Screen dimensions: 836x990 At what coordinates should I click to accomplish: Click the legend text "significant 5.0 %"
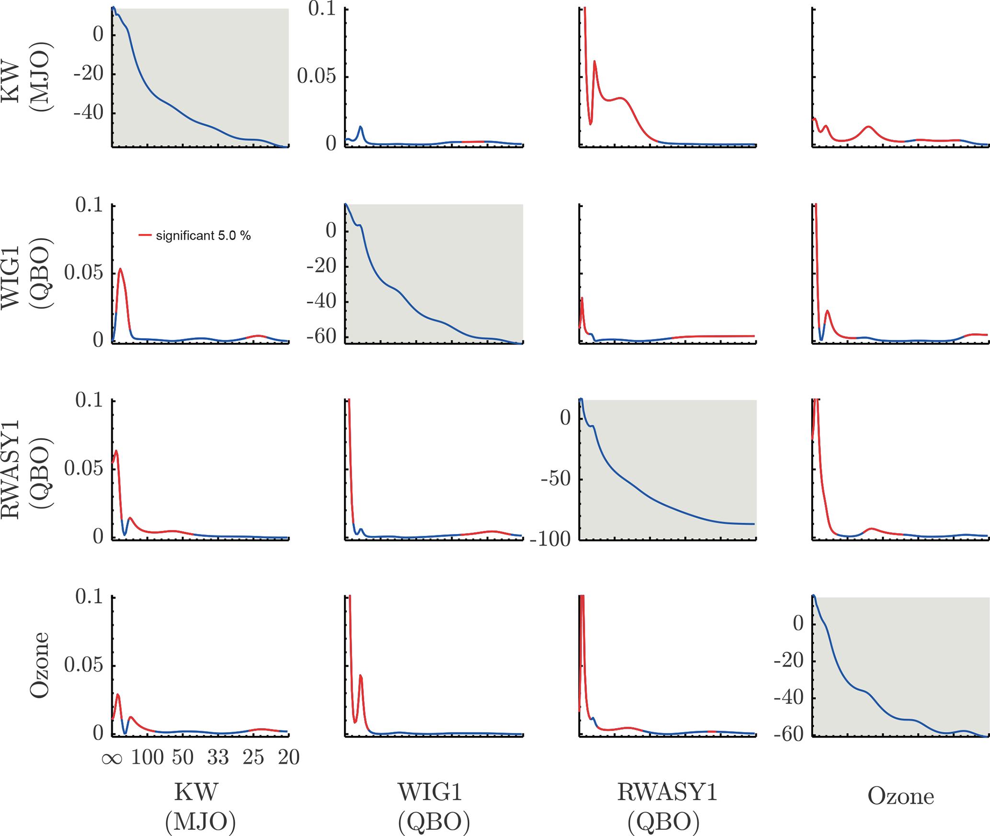[x=203, y=236]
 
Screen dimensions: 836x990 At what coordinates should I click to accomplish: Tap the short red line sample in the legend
[x=145, y=235]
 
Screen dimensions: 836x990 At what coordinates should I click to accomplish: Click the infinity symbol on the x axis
[x=112, y=758]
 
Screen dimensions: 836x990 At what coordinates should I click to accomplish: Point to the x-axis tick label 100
[x=148, y=757]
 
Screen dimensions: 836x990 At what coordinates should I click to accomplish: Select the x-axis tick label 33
[x=218, y=757]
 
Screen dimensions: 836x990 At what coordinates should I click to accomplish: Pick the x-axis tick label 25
[x=253, y=757]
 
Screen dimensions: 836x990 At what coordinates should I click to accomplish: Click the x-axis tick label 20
[x=288, y=757]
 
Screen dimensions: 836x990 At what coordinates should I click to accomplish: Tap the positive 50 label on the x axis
[x=183, y=757]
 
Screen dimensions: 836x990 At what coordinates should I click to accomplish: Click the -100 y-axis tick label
[x=550, y=540]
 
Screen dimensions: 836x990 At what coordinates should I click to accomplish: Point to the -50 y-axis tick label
[x=556, y=479]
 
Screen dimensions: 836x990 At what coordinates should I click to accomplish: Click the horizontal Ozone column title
[x=900, y=796]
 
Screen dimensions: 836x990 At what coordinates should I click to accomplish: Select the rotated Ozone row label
[x=39, y=665]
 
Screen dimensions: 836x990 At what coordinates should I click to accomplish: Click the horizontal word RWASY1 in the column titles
[x=667, y=792]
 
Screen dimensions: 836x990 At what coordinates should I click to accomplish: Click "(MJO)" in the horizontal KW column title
[x=200, y=822]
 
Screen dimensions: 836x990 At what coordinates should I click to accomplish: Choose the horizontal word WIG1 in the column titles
[x=430, y=792]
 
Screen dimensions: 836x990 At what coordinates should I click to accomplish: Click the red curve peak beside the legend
[x=120, y=269]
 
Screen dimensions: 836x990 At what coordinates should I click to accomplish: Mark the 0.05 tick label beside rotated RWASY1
[x=84, y=468]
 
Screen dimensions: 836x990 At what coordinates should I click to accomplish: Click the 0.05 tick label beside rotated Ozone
[x=84, y=665]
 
